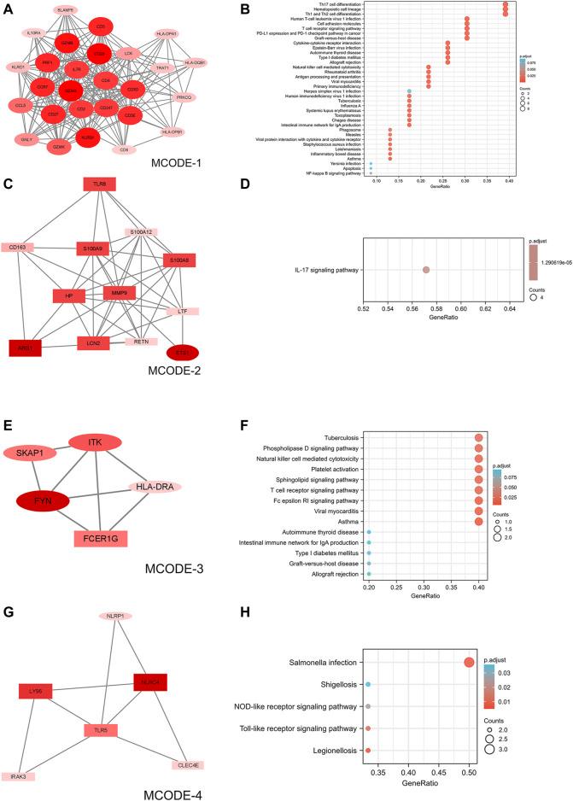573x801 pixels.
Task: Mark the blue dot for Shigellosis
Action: (368, 685)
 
